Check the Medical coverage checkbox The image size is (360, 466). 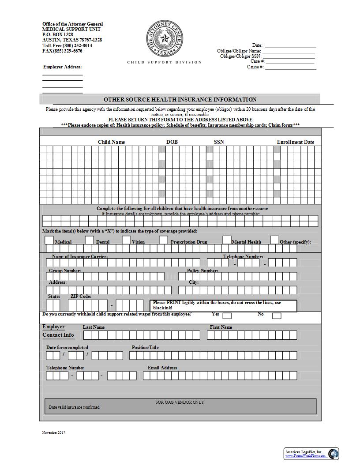point(49,240)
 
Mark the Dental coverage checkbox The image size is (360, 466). point(90,240)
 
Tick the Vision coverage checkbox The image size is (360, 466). point(126,240)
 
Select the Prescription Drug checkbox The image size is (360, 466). point(163,240)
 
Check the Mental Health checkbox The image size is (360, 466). point(227,240)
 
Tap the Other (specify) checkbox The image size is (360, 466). point(274,240)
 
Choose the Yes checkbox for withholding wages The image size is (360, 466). point(227,316)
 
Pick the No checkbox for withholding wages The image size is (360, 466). point(277,316)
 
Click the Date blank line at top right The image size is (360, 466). point(290,45)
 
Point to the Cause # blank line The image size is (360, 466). point(290,67)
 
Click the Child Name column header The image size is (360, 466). point(111,142)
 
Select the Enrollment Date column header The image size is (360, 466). point(295,142)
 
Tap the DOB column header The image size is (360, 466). point(172,142)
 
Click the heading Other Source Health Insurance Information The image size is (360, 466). point(180,100)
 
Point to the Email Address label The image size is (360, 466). point(162,368)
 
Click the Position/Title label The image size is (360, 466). point(145,347)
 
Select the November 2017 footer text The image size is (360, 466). point(53,432)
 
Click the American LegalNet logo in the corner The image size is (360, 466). point(311,454)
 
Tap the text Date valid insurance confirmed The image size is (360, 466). point(74,407)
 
